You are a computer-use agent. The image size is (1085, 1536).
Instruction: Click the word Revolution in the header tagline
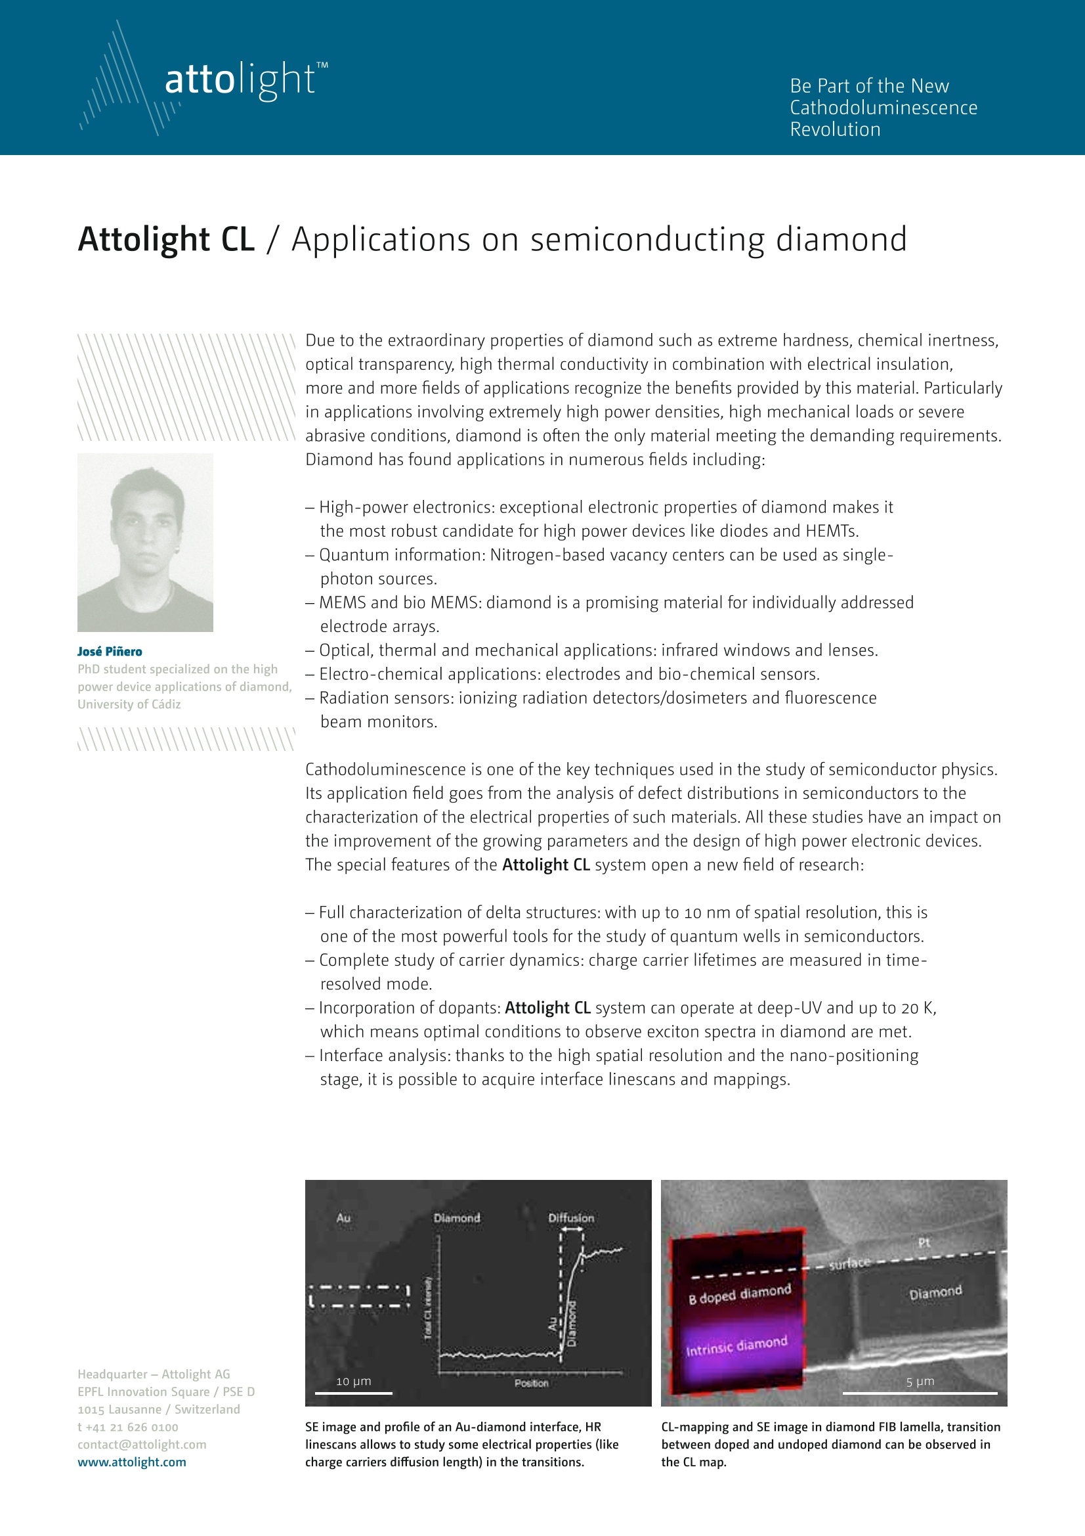click(835, 129)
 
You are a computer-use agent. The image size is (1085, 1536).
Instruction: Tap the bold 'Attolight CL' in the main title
click(166, 240)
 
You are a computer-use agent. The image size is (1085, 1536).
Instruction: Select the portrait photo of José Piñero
click(145, 543)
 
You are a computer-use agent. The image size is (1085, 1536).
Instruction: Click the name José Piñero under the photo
click(110, 652)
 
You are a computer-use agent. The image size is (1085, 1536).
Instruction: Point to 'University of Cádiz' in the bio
click(129, 704)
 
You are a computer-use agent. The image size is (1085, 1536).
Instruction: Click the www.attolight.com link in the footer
click(132, 1462)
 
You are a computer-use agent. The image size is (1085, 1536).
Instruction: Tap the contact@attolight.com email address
click(142, 1444)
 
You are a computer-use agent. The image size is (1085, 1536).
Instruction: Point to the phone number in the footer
click(128, 1427)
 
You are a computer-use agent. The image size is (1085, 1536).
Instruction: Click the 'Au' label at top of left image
click(343, 1218)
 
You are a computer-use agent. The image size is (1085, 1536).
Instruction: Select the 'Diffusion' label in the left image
click(571, 1218)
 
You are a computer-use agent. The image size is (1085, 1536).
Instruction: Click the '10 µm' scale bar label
click(353, 1382)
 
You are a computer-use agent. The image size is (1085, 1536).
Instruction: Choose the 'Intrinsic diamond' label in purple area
click(736, 1345)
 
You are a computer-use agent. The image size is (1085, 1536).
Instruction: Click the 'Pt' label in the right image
click(924, 1242)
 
